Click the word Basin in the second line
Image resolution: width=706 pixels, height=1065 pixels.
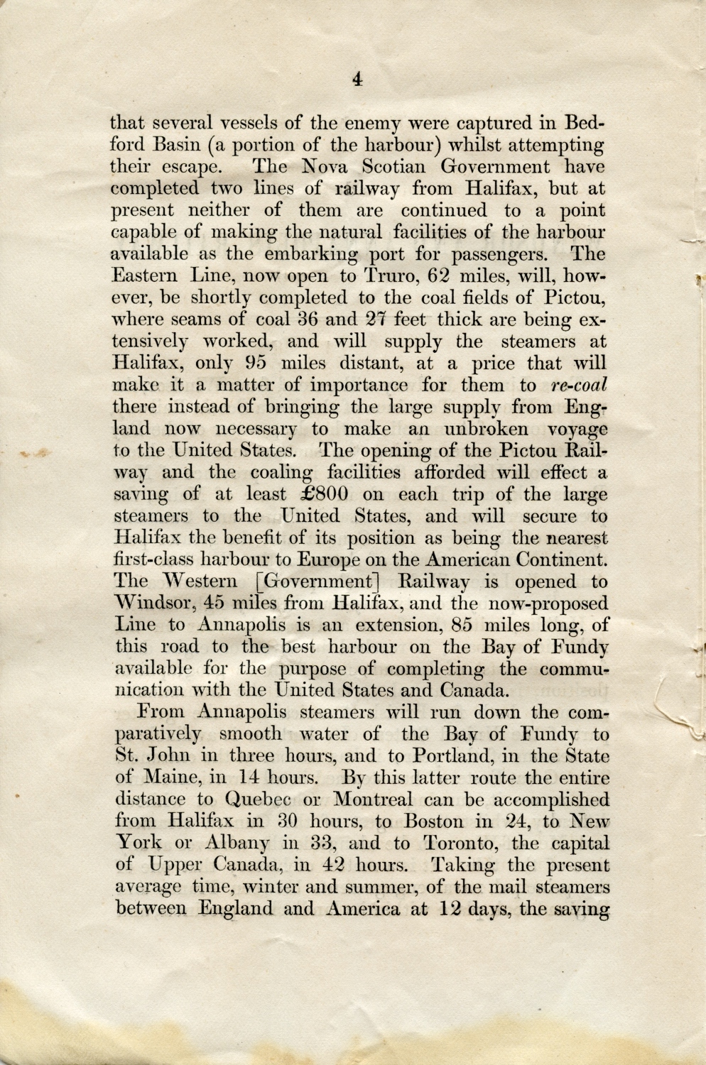[x=179, y=145]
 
